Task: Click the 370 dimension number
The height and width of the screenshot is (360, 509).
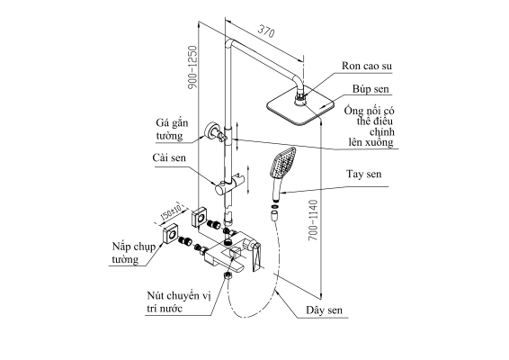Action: point(266,31)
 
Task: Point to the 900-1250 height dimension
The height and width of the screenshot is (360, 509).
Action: point(192,67)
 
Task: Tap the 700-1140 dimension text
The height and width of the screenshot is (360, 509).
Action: point(313,220)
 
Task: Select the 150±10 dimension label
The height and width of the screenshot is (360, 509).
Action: point(171,211)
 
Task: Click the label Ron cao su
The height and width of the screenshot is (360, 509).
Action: point(367,66)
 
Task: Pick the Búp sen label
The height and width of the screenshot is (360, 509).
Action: point(371,89)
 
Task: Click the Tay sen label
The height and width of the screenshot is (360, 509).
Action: point(363,174)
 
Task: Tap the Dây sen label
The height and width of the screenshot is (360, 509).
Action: point(324,310)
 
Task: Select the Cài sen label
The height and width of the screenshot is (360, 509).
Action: point(169,157)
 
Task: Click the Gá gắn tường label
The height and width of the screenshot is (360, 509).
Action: point(172,130)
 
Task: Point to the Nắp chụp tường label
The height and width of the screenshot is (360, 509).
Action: point(134,253)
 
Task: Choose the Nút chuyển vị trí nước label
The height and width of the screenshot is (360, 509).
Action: point(179,302)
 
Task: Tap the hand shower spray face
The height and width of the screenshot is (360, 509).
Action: point(283,163)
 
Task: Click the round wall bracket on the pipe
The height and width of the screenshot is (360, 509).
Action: point(212,130)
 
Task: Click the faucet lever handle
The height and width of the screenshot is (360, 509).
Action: point(256,256)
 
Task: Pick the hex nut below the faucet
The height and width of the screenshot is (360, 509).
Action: point(228,276)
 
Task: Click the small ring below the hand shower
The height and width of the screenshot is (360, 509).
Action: point(274,206)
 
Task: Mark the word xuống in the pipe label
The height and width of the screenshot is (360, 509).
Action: point(379,142)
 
